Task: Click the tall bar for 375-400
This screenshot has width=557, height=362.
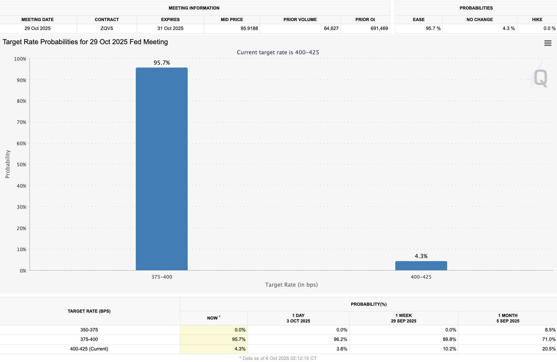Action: point(161,169)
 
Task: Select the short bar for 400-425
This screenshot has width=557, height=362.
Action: point(421,266)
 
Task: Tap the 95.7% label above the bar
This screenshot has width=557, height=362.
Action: point(162,63)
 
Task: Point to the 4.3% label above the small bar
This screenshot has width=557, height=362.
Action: point(421,256)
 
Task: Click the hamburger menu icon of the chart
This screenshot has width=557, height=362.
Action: point(548,43)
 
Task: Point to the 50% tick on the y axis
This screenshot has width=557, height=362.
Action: point(21,165)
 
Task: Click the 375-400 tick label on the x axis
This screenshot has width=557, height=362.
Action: point(162,277)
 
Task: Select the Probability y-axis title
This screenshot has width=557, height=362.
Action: point(8,164)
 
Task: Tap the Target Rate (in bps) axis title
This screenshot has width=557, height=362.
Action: point(291,285)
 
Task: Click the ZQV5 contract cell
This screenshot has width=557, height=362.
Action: point(107,28)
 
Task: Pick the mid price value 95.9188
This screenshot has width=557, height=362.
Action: point(249,28)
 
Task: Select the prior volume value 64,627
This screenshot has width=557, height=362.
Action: point(331,28)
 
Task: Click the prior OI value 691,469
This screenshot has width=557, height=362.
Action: point(379,28)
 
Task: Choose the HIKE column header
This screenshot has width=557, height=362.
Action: point(537,20)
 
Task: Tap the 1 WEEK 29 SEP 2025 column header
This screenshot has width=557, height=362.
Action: point(404,318)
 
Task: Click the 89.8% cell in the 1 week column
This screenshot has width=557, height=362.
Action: point(449,339)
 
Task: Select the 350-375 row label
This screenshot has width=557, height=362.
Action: point(89,330)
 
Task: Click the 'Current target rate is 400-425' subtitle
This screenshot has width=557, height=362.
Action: point(278,52)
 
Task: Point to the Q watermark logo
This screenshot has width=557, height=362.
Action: point(540,78)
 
